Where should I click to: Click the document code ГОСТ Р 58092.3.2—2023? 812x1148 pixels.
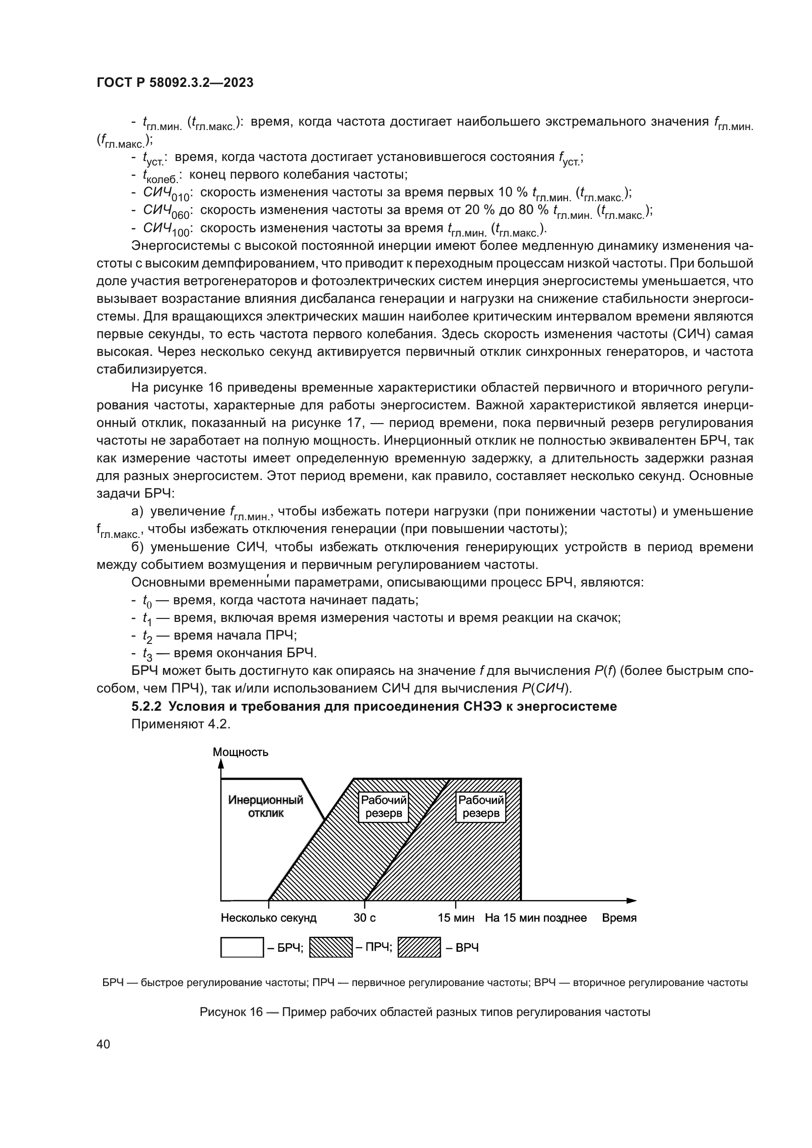175,83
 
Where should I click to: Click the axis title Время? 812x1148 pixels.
619,918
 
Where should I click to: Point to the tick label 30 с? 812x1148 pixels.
364,918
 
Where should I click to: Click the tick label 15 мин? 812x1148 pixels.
456,918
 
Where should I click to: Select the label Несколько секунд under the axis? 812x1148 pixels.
269,918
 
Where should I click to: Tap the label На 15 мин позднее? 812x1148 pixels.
536,918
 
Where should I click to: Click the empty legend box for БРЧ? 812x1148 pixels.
242,947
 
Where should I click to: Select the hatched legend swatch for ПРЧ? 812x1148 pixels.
331,947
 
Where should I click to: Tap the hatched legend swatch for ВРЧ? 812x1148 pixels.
419,947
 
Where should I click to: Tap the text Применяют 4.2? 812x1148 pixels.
181,724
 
